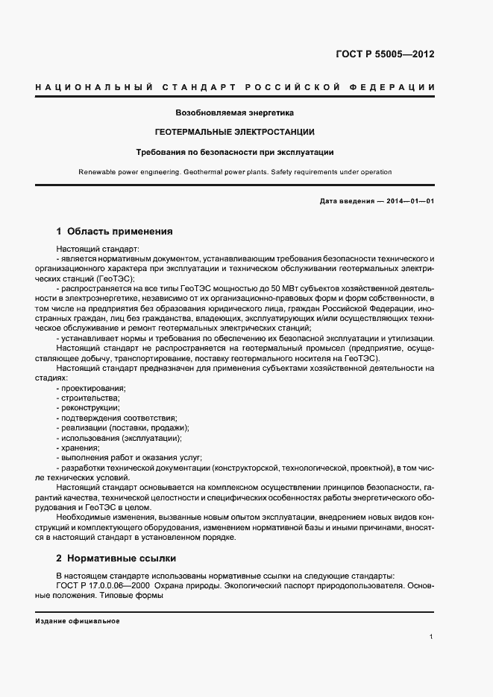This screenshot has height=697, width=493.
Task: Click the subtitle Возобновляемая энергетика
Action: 234,112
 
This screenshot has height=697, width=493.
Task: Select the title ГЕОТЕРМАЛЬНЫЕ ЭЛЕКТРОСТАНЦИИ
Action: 234,132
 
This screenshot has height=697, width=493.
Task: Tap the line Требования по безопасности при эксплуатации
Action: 234,152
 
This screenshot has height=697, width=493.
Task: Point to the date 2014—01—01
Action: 409,202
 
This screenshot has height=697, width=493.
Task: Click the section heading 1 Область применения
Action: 114,231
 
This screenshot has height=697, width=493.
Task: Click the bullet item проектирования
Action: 92,389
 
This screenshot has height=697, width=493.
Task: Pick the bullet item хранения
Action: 79,448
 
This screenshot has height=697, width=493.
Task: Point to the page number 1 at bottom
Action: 432,637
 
